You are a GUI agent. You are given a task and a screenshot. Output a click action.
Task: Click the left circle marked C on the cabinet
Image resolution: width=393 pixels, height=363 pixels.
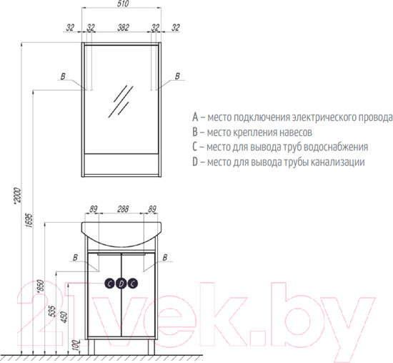click(x=110, y=283)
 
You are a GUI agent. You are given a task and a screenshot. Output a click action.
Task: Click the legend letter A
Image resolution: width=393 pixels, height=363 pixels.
click(x=195, y=117)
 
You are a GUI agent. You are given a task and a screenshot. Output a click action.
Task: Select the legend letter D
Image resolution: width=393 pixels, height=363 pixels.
click(x=195, y=162)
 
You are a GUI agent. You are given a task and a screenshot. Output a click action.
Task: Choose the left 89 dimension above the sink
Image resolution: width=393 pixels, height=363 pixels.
click(x=93, y=209)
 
